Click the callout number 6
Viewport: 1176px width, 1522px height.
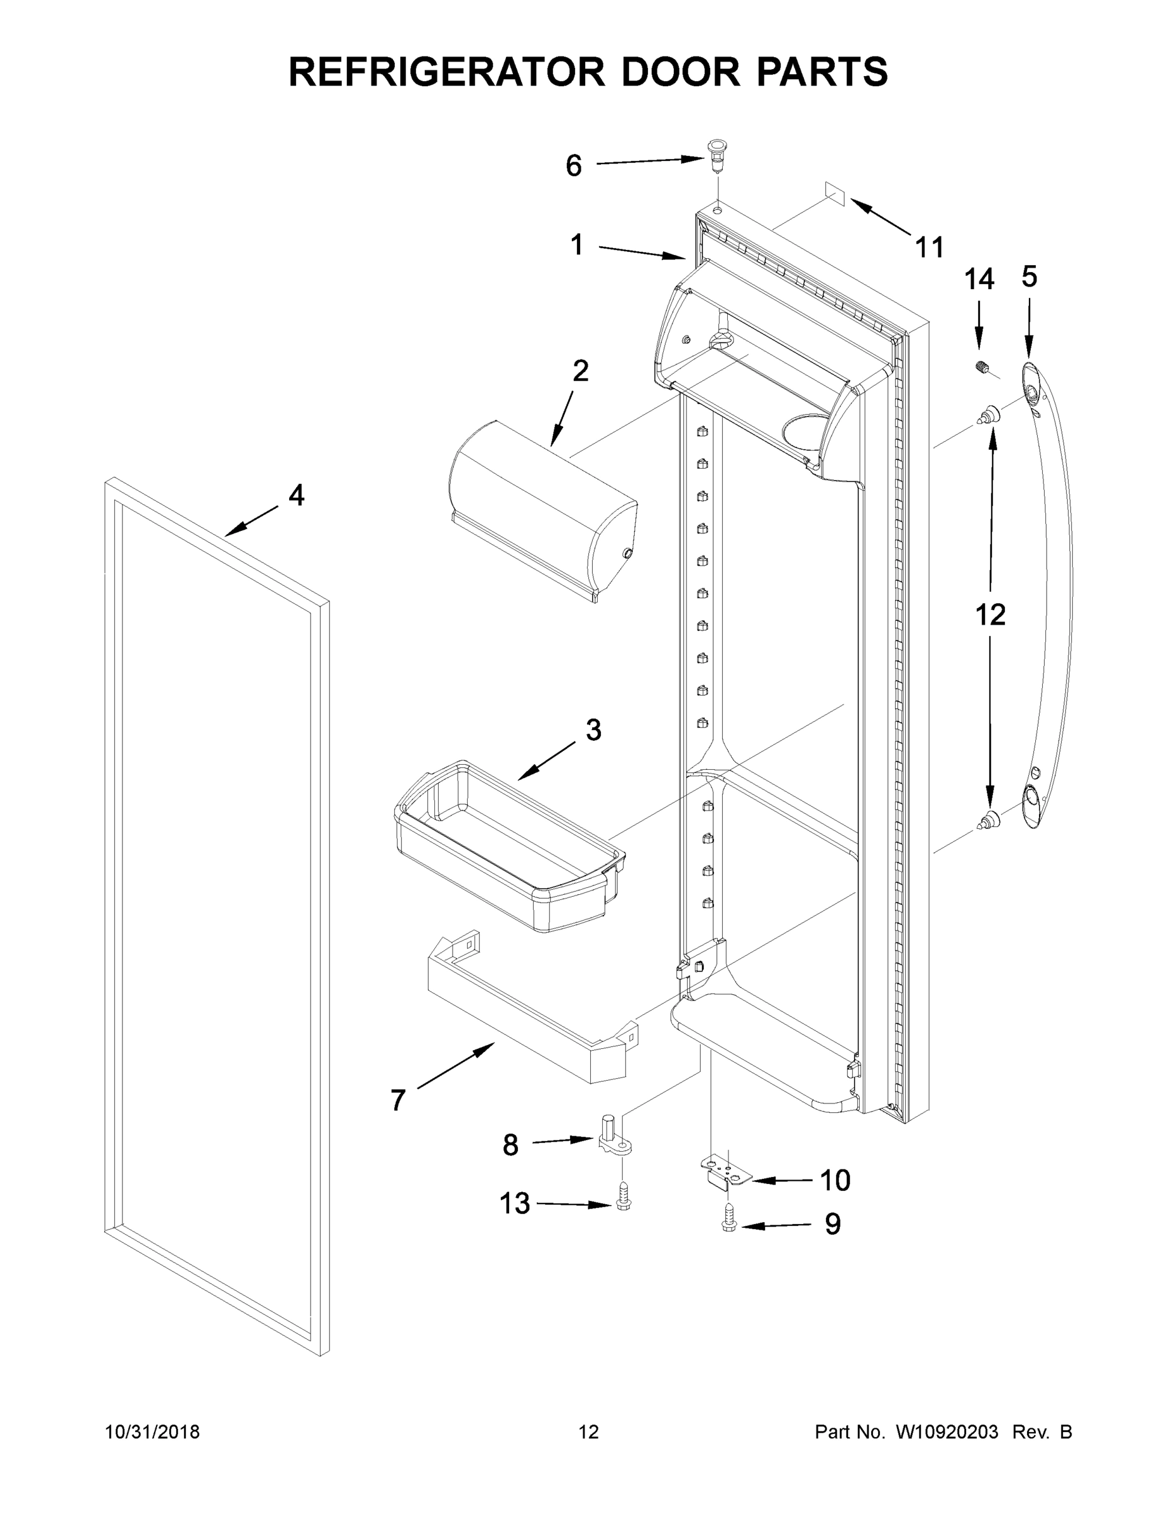coord(573,166)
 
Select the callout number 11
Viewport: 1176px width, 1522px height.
coord(929,247)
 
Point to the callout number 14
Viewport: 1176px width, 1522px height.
coord(979,280)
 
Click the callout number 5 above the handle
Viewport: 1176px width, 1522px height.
coord(1029,276)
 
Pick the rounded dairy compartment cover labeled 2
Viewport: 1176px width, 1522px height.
coord(543,509)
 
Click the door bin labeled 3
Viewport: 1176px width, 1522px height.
coord(508,847)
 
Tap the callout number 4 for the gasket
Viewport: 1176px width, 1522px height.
coord(296,495)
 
